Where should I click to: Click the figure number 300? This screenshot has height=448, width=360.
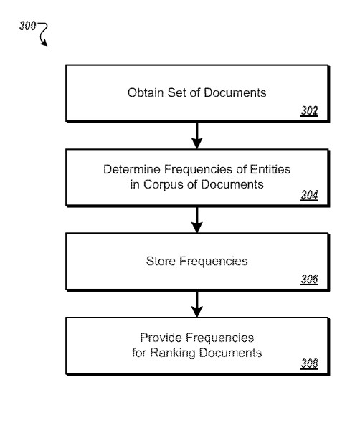pos(28,26)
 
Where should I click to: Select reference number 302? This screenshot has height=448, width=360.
pos(309,110)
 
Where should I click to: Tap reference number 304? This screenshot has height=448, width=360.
pos(309,195)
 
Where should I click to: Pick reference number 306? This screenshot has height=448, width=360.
pos(309,279)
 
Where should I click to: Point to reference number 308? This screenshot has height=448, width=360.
pos(309,363)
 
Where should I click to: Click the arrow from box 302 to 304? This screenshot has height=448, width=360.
pos(197,135)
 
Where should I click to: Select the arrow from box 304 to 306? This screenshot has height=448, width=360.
pos(197,220)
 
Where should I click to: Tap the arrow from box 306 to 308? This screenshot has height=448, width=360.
pos(197,305)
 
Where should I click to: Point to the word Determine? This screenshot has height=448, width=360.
pos(132,169)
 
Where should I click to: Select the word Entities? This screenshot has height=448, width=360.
pos(270,169)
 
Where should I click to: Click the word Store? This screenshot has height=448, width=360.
pos(161,261)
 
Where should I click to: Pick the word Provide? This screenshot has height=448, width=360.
pos(161,338)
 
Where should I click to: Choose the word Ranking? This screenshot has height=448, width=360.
pos(173,353)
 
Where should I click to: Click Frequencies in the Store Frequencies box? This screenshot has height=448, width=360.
pos(213,262)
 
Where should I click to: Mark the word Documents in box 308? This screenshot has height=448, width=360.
pos(230,353)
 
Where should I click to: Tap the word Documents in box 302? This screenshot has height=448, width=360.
pos(235,92)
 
